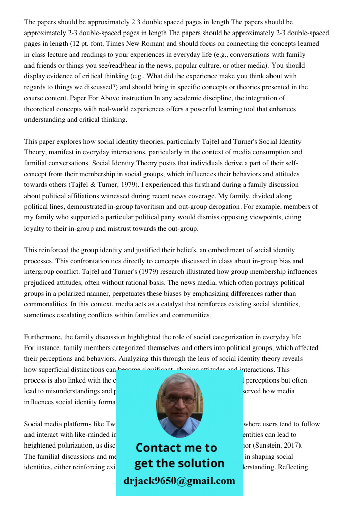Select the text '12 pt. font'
coord(77,44)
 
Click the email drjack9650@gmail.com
coord(179,481)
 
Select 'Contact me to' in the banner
coord(176,448)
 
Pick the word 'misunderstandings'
coord(71,392)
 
